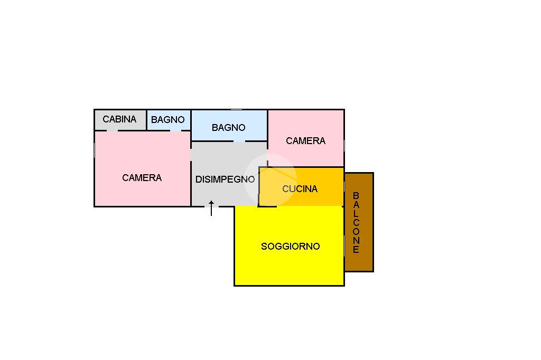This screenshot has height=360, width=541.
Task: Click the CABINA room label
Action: click(119, 119)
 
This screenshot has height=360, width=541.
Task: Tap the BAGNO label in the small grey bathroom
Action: click(167, 120)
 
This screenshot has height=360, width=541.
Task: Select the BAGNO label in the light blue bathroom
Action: click(228, 128)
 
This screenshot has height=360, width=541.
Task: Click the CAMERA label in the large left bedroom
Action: click(142, 178)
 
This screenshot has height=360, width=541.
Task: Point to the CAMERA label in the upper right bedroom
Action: click(305, 141)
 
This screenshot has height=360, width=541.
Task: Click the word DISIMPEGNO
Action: click(225, 179)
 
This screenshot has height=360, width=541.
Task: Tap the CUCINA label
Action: click(300, 189)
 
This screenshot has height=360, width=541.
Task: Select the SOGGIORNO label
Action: click(290, 247)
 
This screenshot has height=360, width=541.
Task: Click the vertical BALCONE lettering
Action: click(356, 222)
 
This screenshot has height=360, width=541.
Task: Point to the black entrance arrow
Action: click(211, 208)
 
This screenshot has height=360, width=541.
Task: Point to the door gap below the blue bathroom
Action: click(239, 141)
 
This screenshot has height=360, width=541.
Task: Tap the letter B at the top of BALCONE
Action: click(356, 196)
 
